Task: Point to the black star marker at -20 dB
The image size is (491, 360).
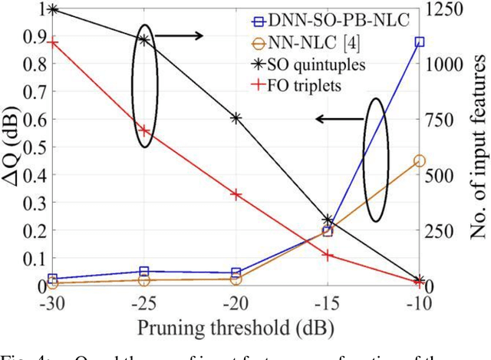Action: tap(236, 118)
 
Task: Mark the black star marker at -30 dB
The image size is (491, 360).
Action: tap(52, 9)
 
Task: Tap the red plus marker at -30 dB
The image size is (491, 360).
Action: tap(52, 42)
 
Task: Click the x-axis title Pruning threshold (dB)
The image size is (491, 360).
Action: tap(236, 329)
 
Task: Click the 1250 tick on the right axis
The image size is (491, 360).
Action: tap(443, 9)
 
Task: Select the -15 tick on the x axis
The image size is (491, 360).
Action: tap(327, 303)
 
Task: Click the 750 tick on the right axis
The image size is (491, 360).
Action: tap(439, 120)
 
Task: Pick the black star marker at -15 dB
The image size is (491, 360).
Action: tap(328, 221)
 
